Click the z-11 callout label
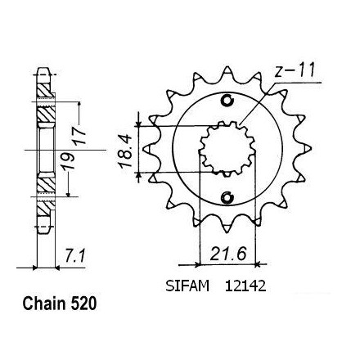[x=295, y=70]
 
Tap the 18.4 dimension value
[x=125, y=151]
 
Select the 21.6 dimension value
[x=228, y=254]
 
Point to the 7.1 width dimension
[x=75, y=256]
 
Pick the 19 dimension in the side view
[x=68, y=161]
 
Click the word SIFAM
[x=187, y=286]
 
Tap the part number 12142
[x=245, y=286]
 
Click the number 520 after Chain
[x=84, y=304]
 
